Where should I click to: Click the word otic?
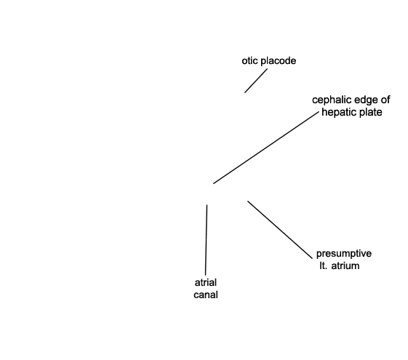[249, 60]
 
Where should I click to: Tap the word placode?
[278, 61]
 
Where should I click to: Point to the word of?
[385, 100]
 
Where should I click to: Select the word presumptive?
[344, 254]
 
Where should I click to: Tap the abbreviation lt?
[324, 266]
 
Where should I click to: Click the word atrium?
[345, 266]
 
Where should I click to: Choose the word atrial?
[206, 282]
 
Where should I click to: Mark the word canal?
[206, 295]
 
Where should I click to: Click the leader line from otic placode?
[256, 81]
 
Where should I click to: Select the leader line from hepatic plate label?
[266, 148]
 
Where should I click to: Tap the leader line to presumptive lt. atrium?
[280, 230]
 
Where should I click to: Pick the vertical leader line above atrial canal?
[207, 240]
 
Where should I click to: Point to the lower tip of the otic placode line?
[244, 92]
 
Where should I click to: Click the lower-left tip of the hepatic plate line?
[213, 184]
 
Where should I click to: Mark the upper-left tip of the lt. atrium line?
[247, 201]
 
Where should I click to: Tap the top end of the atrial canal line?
[207, 204]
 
